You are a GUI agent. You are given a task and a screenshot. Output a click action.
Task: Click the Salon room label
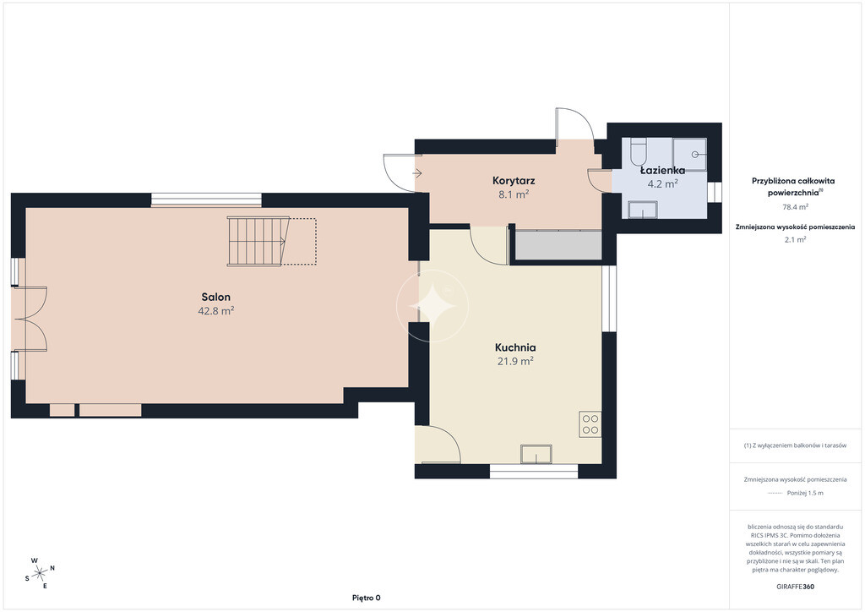[215, 297]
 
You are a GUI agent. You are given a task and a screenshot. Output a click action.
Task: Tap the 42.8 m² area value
[216, 311]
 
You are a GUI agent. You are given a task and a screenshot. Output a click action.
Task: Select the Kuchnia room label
[515, 347]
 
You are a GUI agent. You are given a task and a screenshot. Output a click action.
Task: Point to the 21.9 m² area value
[515, 362]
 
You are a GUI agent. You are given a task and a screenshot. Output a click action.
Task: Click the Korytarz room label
[514, 180]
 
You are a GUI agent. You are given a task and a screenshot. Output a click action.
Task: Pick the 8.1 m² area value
[514, 194]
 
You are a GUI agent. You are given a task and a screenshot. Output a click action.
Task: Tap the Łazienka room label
[662, 171]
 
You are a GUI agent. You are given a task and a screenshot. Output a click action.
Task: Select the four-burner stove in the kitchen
[590, 424]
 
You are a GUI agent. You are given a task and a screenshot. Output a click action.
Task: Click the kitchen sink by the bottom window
[536, 454]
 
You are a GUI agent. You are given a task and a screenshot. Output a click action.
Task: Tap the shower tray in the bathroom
[689, 155]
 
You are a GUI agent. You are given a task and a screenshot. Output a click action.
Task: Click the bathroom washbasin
[643, 210]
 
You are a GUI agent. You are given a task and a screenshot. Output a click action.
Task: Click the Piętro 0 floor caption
[367, 598]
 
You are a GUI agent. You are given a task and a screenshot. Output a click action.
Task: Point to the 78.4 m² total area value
[796, 207]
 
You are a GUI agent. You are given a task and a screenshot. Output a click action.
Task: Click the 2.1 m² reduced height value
[795, 239]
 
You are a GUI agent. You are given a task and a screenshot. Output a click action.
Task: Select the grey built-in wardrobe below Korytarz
[558, 245]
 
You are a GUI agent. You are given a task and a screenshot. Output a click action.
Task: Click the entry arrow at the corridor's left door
[417, 173]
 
